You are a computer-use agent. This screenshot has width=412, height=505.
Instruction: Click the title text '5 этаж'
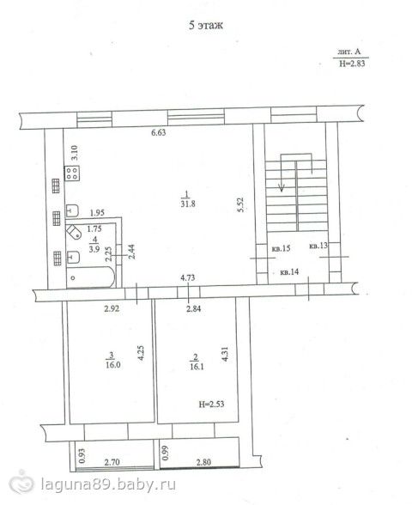click(x=206, y=25)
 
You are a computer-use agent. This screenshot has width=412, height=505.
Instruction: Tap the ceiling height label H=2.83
click(x=352, y=64)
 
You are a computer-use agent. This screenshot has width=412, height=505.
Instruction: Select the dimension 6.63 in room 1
click(x=158, y=132)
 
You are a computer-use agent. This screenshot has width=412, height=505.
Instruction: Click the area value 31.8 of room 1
click(x=188, y=204)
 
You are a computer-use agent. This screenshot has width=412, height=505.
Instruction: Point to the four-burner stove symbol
click(x=72, y=173)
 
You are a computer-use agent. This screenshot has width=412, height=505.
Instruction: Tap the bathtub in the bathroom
click(x=90, y=277)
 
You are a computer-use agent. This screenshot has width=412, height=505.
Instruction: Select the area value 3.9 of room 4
click(x=94, y=249)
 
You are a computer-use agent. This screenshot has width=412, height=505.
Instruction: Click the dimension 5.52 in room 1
click(x=240, y=204)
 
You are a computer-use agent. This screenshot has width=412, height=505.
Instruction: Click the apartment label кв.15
click(x=281, y=248)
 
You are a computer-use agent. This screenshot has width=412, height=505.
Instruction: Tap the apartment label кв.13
click(x=318, y=246)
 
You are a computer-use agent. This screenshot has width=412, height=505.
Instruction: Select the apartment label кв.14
click(x=290, y=272)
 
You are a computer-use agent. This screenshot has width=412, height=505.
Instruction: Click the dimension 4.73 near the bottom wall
click(x=187, y=277)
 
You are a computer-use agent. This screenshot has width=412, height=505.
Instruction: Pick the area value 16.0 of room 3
click(x=113, y=365)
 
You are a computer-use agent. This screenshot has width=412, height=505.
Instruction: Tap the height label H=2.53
click(x=211, y=404)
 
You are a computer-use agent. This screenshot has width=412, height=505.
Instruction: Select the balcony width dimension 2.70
click(x=112, y=462)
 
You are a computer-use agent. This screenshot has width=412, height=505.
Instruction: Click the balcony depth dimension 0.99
click(x=166, y=453)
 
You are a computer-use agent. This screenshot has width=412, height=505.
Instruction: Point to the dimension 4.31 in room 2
click(x=225, y=354)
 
